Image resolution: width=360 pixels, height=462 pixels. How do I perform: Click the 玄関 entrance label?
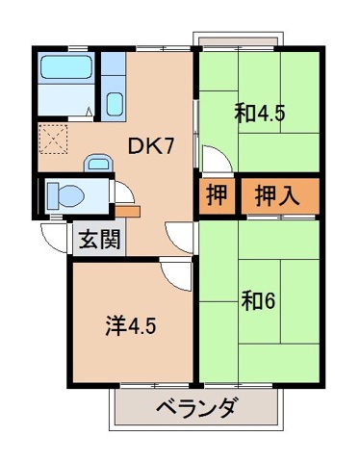[100, 238]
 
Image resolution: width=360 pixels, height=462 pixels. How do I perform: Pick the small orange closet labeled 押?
[218, 197]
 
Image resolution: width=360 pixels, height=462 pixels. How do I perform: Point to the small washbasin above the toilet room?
[96, 162]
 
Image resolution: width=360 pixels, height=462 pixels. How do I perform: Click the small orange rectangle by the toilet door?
[130, 209]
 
